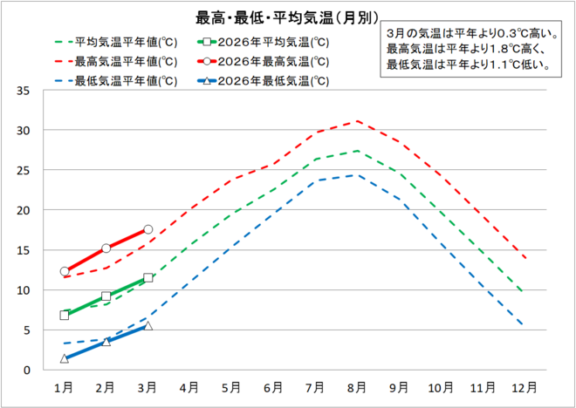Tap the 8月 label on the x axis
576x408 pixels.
click(x=356, y=385)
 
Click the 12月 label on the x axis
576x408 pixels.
click(x=524, y=385)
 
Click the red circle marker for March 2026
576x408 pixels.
click(x=147, y=229)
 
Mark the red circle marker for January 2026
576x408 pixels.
click(x=65, y=271)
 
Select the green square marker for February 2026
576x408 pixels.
click(x=106, y=296)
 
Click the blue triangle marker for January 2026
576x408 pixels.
click(x=65, y=358)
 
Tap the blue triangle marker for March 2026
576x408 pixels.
click(x=147, y=326)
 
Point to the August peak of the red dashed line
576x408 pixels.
click(x=356, y=121)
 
